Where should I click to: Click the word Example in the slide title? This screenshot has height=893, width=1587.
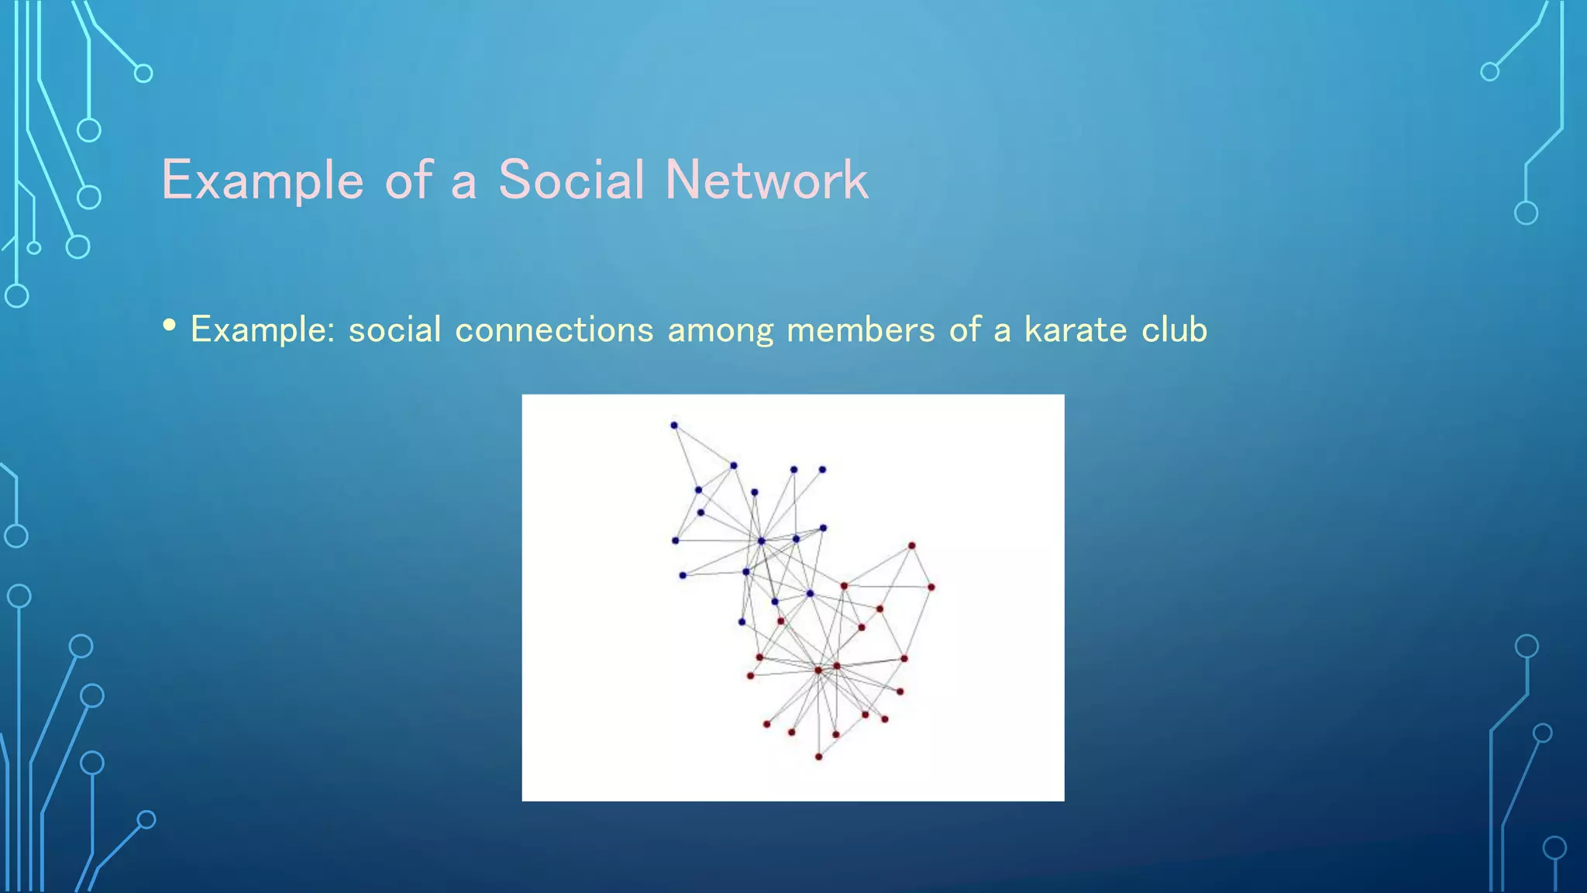pyautogui.click(x=262, y=181)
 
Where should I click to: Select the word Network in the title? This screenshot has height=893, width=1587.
pyautogui.click(x=766, y=181)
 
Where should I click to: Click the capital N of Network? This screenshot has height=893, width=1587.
pyautogui.click(x=682, y=181)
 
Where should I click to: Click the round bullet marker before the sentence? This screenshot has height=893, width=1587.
pyautogui.click(x=170, y=325)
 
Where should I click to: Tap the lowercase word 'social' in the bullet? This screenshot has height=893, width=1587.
pyautogui.click(x=394, y=330)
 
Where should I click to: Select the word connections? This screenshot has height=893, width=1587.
pyautogui.click(x=554, y=330)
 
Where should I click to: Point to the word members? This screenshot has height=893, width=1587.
pyautogui.click(x=860, y=330)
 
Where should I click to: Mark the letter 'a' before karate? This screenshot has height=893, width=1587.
pyautogui.click(x=1002, y=332)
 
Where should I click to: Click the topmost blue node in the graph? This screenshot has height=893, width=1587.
pyautogui.click(x=674, y=426)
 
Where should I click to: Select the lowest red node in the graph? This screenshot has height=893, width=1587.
pyautogui.click(x=818, y=757)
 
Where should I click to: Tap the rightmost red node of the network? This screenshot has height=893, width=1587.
pyautogui.click(x=931, y=588)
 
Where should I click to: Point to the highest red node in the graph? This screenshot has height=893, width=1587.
pyautogui.click(x=912, y=546)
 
